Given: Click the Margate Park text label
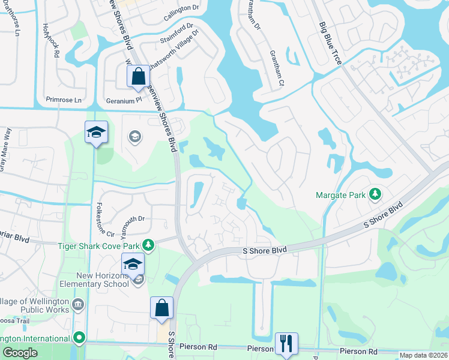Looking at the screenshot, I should (x=340, y=194).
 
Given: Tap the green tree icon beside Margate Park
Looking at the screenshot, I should (x=375, y=194).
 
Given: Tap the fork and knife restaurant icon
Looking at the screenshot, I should (x=285, y=343).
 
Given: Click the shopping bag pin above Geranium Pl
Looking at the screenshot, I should (x=138, y=77).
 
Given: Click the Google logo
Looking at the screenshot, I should (x=20, y=353).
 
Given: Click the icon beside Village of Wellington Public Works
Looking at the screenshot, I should (x=79, y=304).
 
